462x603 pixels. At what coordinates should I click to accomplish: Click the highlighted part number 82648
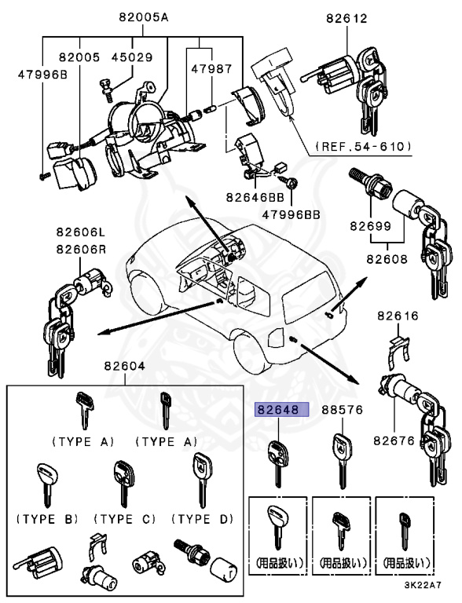pos(278,410)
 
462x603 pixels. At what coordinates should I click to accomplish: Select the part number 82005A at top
pos(143,17)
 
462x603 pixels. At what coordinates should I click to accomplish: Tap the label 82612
pos(346,19)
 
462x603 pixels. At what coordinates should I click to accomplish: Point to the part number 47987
pos(212,69)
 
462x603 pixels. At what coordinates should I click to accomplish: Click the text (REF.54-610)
pos(364,147)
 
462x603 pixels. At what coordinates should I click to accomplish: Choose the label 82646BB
pos(255,197)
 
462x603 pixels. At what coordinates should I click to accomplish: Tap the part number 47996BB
pos(291,214)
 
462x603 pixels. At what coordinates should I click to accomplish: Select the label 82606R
pos(81,249)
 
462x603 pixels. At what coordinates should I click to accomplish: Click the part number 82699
pos(370,226)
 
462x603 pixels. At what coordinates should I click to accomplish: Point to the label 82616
pos(398,316)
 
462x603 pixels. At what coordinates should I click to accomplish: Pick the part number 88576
pos(343,410)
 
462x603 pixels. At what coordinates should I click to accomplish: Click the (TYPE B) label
pos(47,519)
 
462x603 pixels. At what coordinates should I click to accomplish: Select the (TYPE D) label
pos(203,519)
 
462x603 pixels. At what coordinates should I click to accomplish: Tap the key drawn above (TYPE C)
pos(124,483)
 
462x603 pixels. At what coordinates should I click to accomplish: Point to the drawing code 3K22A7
pos(423,585)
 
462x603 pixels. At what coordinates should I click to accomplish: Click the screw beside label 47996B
pos(45,176)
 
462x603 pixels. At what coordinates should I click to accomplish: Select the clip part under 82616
pos(398,352)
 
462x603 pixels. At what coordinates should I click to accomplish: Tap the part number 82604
pos(124,366)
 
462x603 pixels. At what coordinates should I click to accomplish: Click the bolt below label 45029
pos(107,90)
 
